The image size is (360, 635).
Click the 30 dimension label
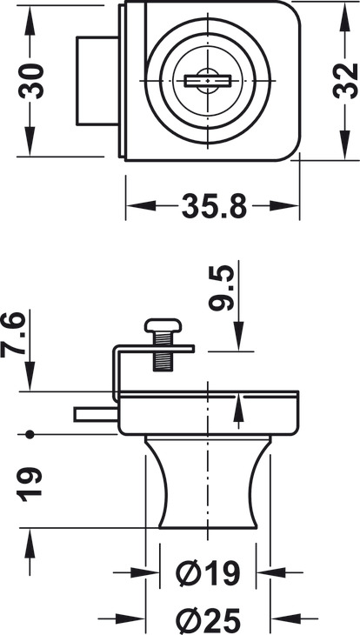pos(30,81)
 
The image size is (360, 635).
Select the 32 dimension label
pos(345,81)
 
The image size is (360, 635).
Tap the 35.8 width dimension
pos(214,206)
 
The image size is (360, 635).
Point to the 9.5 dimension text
pos(222,288)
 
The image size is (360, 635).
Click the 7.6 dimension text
pos(13,335)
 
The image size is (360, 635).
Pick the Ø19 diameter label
pos(208,573)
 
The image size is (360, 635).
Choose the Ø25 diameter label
pos(208,619)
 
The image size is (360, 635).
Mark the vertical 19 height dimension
pos(30,485)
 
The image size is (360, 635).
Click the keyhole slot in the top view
pos(208,81)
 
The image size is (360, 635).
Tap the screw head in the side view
pos(163,324)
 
